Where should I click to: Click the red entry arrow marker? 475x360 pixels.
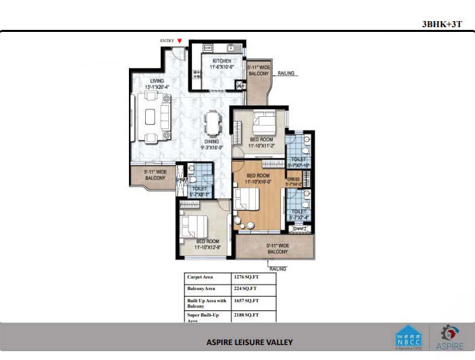coord(179,41)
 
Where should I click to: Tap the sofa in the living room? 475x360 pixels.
coord(151,109)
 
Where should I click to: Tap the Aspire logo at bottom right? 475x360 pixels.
coord(450,336)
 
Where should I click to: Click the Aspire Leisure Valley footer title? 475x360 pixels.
coord(250,342)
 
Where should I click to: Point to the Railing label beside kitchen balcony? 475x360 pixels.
coord(286,73)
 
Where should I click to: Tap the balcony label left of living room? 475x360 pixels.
coord(155,175)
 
